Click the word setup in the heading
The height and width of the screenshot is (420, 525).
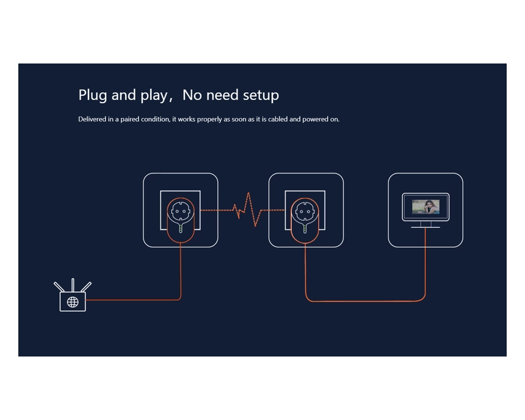coord(261,95)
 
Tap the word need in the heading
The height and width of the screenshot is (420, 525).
coord(222,95)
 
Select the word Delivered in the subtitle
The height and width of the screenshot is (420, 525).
coord(92,119)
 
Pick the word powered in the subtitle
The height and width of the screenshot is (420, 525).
coord(316,120)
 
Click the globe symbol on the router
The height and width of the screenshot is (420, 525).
coord(73,302)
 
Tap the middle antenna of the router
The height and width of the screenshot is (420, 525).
coord(73,285)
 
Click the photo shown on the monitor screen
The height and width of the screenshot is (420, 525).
coord(425,207)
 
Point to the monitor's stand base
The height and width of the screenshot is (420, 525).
coord(425,227)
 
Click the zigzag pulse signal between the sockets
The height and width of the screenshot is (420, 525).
coord(247,209)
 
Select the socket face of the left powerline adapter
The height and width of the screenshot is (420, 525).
coord(181,212)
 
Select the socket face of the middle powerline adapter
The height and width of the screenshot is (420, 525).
coord(305,212)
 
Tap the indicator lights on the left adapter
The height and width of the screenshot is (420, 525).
coord(181,228)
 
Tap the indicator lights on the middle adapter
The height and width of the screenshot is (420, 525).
coord(305,228)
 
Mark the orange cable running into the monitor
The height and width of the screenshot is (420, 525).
coord(365,301)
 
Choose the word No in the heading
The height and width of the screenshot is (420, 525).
coord(192,95)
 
